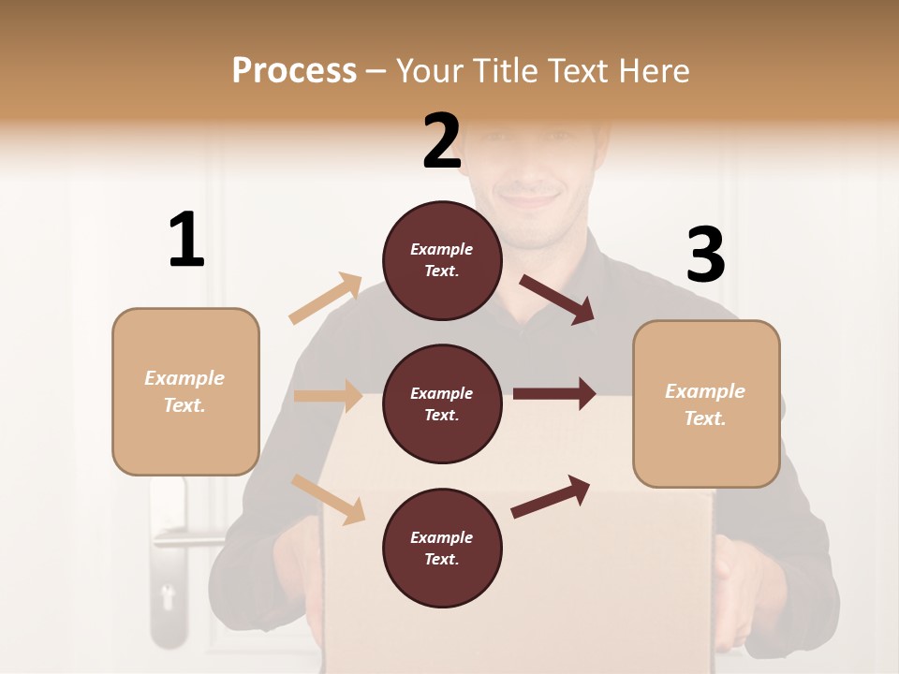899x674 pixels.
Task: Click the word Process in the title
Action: pyautogui.click(x=294, y=70)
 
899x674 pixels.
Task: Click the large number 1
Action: pyautogui.click(x=186, y=240)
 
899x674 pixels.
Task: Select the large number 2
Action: pyautogui.click(x=442, y=140)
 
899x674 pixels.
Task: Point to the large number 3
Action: pyautogui.click(x=705, y=255)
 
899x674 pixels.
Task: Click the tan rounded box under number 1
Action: pyautogui.click(x=185, y=391)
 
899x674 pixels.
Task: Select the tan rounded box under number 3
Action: pyautogui.click(x=706, y=403)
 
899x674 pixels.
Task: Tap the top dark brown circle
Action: pyautogui.click(x=442, y=260)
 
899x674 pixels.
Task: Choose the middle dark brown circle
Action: pyautogui.click(x=442, y=403)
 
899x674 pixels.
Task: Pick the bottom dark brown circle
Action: pyautogui.click(x=442, y=548)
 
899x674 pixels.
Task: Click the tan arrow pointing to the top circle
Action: pyautogui.click(x=326, y=298)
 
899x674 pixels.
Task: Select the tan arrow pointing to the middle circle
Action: pyautogui.click(x=328, y=396)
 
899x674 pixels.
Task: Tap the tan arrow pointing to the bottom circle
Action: pyautogui.click(x=329, y=499)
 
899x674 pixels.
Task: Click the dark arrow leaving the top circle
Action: pyautogui.click(x=557, y=300)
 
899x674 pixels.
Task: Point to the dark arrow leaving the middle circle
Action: pyautogui.click(x=554, y=394)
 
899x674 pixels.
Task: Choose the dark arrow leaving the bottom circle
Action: pyautogui.click(x=551, y=497)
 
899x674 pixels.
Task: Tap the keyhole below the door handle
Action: pyautogui.click(x=169, y=595)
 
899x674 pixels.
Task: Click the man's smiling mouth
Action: pyautogui.click(x=530, y=198)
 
